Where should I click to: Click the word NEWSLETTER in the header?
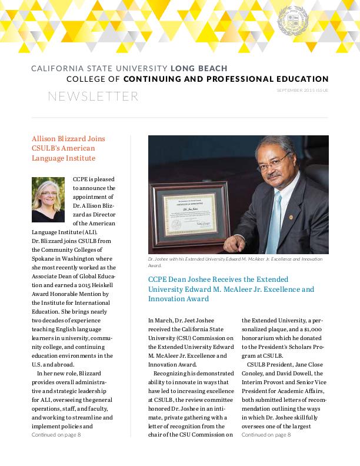[93, 96]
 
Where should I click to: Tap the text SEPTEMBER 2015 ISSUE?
[302, 90]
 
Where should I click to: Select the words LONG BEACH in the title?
[199, 69]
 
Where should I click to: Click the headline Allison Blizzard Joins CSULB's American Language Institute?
[68, 148]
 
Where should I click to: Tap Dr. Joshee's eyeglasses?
[275, 160]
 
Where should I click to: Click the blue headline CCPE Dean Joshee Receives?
[231, 289]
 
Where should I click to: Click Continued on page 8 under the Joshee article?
[266, 434]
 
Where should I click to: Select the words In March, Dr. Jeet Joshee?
[178, 321]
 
